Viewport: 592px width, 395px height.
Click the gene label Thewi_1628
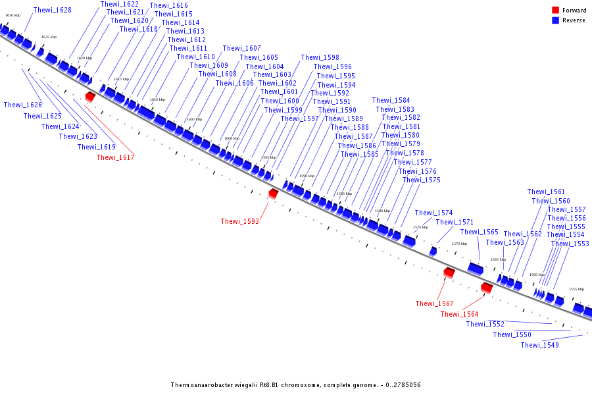(52, 11)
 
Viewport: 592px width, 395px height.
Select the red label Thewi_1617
(115, 157)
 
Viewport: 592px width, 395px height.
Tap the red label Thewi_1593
(239, 222)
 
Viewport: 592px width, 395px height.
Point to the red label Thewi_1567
(434, 303)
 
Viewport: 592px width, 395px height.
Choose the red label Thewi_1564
(459, 315)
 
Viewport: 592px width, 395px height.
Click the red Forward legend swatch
(556, 10)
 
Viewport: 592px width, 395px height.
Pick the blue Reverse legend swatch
(556, 20)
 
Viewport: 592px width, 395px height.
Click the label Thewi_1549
(539, 346)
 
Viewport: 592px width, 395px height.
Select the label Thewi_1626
(22, 105)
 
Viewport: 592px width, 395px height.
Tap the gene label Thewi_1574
(433, 213)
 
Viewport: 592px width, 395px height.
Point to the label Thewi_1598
(320, 58)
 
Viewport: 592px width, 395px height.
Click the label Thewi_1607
(241, 49)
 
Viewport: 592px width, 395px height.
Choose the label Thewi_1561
(546, 192)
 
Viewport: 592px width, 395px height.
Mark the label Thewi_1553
(570, 244)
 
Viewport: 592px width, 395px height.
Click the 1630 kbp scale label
(12, 15)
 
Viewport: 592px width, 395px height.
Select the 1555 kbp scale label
(576, 289)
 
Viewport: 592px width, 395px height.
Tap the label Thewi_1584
(391, 101)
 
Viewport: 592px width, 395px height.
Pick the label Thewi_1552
(485, 325)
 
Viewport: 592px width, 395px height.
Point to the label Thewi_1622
(119, 4)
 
